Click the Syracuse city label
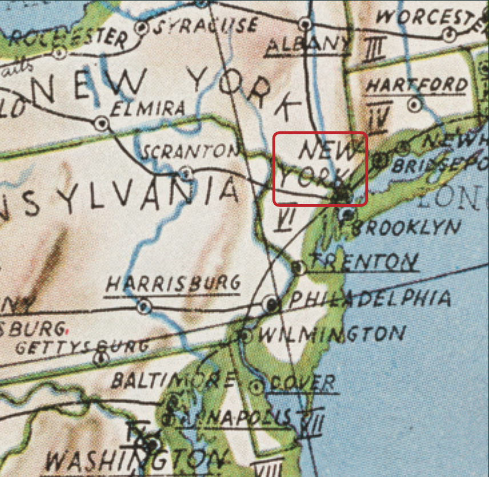(206, 26)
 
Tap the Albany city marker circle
(307, 24)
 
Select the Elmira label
(148, 108)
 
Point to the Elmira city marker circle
(102, 122)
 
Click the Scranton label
(189, 152)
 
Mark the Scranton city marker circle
(186, 172)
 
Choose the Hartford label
(416, 86)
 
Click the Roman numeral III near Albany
(375, 51)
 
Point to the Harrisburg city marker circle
(145, 307)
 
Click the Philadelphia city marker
(272, 304)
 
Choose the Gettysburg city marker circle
(101, 358)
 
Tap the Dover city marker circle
(258, 388)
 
